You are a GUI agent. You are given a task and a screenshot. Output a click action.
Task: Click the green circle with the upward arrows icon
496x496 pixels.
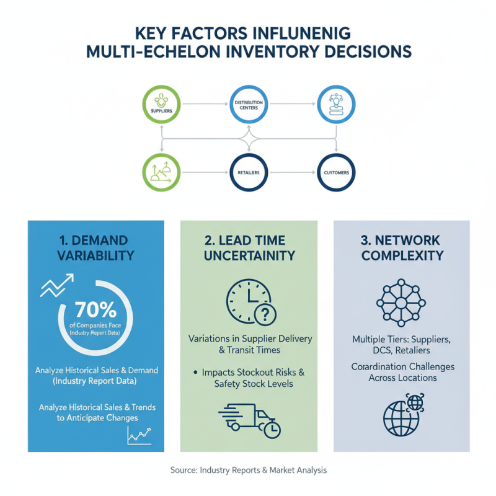pyautogui.click(x=161, y=172)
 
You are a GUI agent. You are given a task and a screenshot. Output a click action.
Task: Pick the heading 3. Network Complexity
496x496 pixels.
pyautogui.click(x=402, y=247)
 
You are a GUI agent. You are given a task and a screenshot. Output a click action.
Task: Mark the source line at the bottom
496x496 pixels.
pyautogui.click(x=248, y=471)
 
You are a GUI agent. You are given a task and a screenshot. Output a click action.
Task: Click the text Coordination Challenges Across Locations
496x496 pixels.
pyautogui.click(x=402, y=372)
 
